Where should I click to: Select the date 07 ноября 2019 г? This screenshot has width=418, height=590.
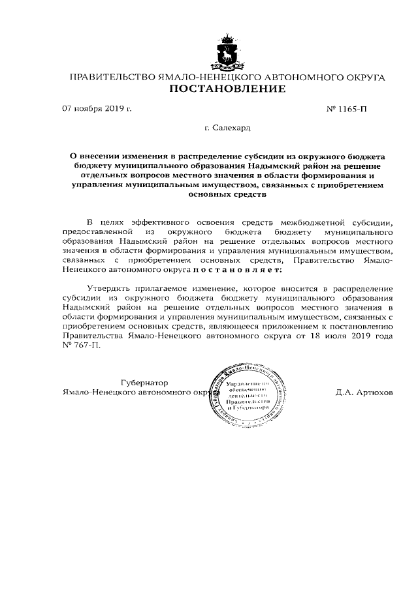(x=97, y=108)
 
